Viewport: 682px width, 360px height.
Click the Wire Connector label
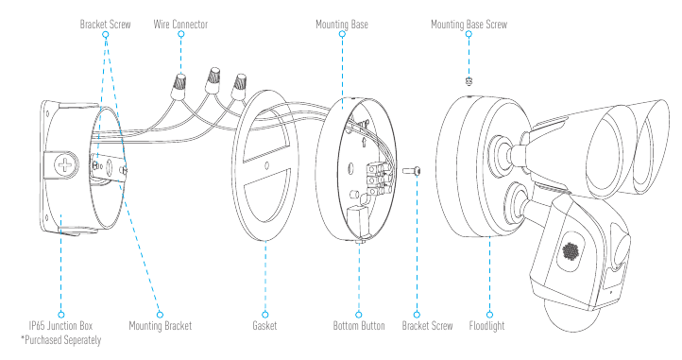(180, 25)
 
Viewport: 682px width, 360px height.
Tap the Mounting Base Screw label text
(469, 25)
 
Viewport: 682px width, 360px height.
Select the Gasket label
(264, 326)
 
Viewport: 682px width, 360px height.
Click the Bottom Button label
(359, 326)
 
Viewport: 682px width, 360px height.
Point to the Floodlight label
(486, 326)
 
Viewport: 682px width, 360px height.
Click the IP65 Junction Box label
(60, 326)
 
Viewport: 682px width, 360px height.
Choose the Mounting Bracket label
(160, 326)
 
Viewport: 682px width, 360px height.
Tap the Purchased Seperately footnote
(60, 340)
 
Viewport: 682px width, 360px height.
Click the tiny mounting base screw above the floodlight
(469, 81)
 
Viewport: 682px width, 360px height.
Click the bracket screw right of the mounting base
(413, 171)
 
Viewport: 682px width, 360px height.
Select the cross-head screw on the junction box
(66, 165)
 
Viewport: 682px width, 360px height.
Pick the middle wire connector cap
(213, 80)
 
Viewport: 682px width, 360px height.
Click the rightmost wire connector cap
(238, 87)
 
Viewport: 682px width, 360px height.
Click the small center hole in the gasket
(267, 165)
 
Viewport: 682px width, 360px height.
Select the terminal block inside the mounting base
(375, 179)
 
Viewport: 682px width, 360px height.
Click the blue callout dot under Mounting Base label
(342, 34)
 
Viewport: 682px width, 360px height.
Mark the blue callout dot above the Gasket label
(264, 315)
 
